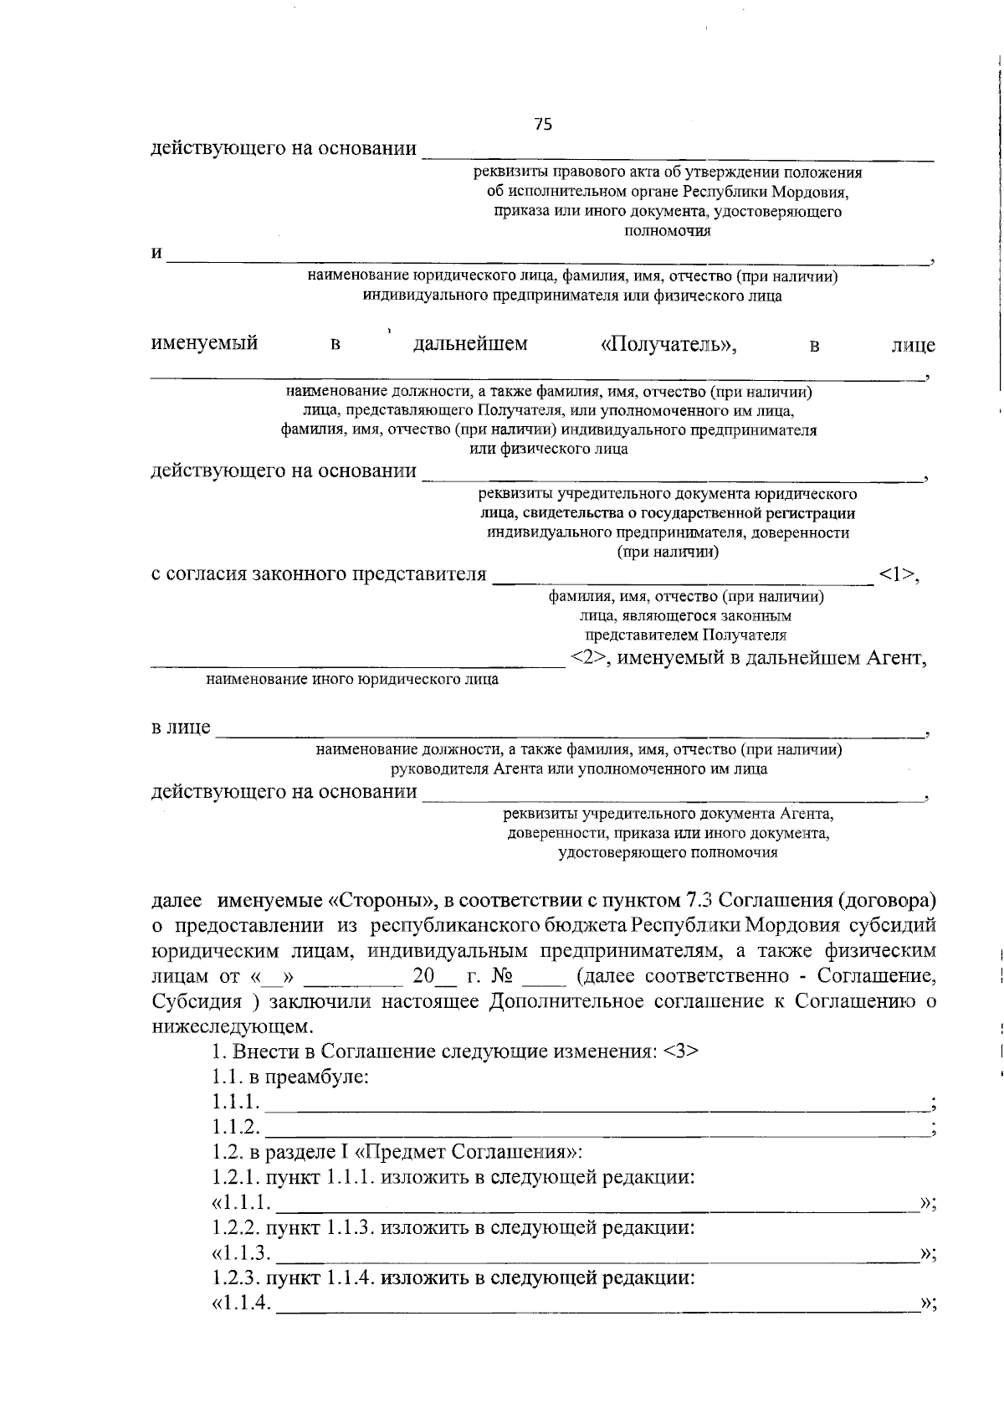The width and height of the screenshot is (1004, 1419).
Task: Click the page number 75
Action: click(x=543, y=125)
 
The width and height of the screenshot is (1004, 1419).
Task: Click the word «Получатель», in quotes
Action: click(x=669, y=345)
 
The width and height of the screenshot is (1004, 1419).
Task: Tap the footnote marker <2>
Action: click(x=589, y=658)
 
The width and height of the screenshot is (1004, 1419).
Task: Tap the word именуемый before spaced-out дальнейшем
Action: click(x=204, y=344)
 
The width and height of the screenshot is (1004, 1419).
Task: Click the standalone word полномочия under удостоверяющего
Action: click(x=668, y=231)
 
